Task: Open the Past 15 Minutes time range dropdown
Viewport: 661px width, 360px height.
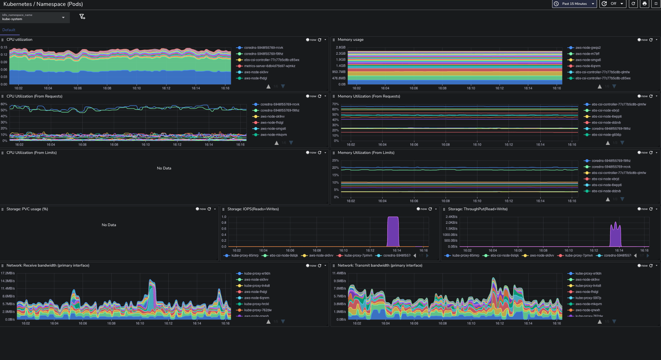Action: [x=574, y=4]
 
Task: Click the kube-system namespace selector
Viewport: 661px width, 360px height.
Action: [x=34, y=17]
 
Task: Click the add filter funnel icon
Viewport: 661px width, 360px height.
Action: [x=82, y=17]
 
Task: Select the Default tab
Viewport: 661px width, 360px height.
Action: [x=9, y=30]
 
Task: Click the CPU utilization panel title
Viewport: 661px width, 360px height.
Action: [x=19, y=40]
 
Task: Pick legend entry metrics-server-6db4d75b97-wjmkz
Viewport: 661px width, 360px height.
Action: [x=269, y=66]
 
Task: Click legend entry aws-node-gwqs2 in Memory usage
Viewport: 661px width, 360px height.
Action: [x=588, y=48]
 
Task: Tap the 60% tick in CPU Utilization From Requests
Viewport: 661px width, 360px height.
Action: [x=4, y=104]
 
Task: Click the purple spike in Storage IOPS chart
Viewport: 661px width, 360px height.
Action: [x=393, y=232]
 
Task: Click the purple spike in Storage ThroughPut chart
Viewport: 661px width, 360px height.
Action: [x=615, y=235]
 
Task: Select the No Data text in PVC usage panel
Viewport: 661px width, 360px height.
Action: [x=109, y=225]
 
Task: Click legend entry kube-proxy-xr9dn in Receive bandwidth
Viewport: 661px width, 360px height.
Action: [x=257, y=274]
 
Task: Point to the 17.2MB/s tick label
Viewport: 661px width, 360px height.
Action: [x=8, y=273]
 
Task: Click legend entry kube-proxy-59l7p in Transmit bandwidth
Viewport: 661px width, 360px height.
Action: [x=588, y=298]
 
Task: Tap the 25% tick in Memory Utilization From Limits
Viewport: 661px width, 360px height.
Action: [x=335, y=160]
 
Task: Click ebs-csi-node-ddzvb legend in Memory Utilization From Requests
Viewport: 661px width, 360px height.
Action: [x=606, y=123]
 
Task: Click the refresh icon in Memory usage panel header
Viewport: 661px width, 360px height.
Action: [x=651, y=40]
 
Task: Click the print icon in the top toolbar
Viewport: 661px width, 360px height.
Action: [x=644, y=4]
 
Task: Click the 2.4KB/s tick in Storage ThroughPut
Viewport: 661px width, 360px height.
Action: [x=451, y=217]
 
